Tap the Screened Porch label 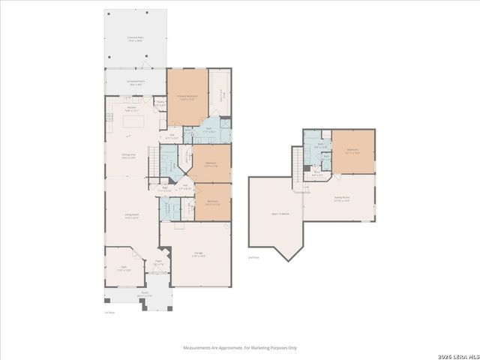click(x=136, y=82)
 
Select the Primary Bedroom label click(x=186, y=97)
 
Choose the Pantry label click(x=160, y=103)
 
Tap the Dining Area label click(x=129, y=156)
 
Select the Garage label click(x=199, y=254)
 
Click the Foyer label click(x=158, y=264)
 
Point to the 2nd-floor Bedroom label click(x=353, y=151)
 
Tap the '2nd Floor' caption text click(x=253, y=257)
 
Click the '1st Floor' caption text click(x=109, y=311)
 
